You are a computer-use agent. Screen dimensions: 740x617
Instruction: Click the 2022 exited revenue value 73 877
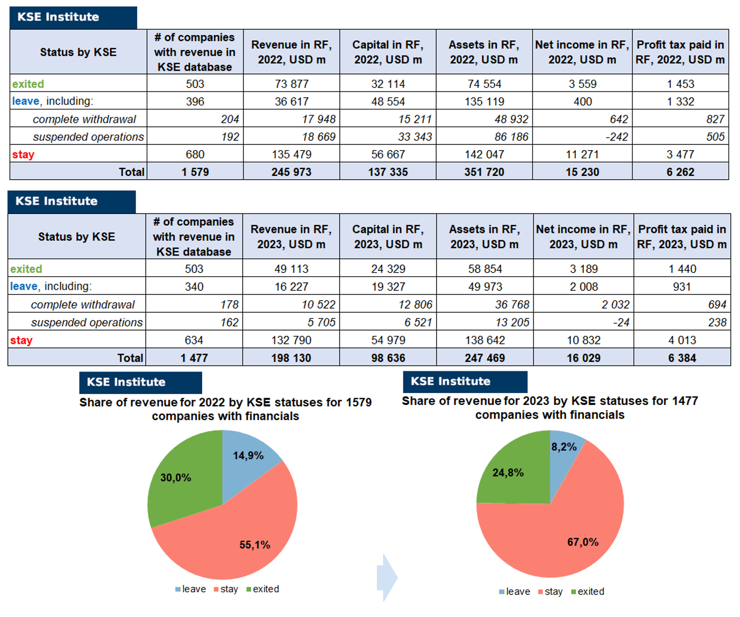(291, 84)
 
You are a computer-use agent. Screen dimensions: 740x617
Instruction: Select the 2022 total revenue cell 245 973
(291, 172)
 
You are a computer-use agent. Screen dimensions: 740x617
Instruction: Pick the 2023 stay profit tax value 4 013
(682, 340)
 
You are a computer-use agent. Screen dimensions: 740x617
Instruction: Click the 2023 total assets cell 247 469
(485, 358)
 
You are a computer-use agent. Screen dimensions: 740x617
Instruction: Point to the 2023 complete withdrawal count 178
(229, 304)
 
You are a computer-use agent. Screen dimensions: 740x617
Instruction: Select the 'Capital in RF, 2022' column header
(388, 52)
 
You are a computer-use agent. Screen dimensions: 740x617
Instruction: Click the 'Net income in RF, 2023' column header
(583, 237)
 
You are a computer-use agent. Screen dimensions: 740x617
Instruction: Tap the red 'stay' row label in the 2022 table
(23, 154)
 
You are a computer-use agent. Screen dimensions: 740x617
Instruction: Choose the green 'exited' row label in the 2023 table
(26, 269)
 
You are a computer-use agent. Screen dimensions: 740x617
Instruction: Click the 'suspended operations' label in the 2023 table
(86, 322)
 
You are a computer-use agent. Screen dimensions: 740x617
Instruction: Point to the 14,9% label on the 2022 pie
(248, 455)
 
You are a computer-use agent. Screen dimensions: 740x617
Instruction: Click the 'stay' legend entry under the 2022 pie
(226, 589)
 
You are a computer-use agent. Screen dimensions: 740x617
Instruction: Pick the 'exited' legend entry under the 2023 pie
(588, 592)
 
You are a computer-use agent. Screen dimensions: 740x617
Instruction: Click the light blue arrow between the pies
(387, 578)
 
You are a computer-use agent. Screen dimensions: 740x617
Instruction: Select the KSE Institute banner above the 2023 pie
(465, 381)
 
